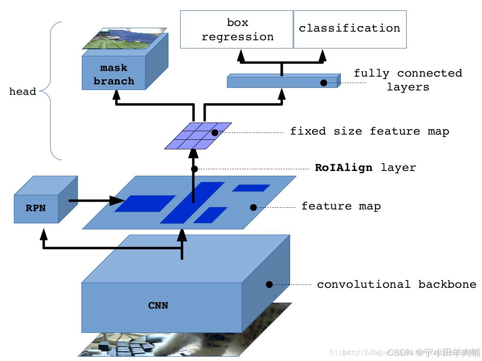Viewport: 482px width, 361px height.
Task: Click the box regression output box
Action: point(237,29)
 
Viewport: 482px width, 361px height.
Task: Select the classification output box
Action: point(350,29)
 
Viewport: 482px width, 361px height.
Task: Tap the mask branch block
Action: point(114,74)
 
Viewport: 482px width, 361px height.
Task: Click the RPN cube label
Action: point(36,208)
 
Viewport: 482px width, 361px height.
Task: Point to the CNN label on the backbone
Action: point(158,306)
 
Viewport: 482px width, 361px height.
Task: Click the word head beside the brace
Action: point(23,92)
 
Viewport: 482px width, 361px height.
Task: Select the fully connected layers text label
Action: point(408,80)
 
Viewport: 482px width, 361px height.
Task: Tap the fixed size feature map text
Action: point(369,131)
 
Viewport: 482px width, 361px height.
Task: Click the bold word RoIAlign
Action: point(343,168)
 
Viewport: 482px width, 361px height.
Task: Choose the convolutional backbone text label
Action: point(396,284)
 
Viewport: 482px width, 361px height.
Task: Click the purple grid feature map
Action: point(198,135)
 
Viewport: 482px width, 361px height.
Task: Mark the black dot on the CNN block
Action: point(269,284)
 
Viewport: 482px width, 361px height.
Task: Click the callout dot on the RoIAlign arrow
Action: point(194,169)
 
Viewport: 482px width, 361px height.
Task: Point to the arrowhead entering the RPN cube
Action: point(43,234)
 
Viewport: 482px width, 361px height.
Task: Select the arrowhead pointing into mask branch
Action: point(117,95)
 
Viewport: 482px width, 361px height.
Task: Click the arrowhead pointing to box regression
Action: point(241,55)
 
